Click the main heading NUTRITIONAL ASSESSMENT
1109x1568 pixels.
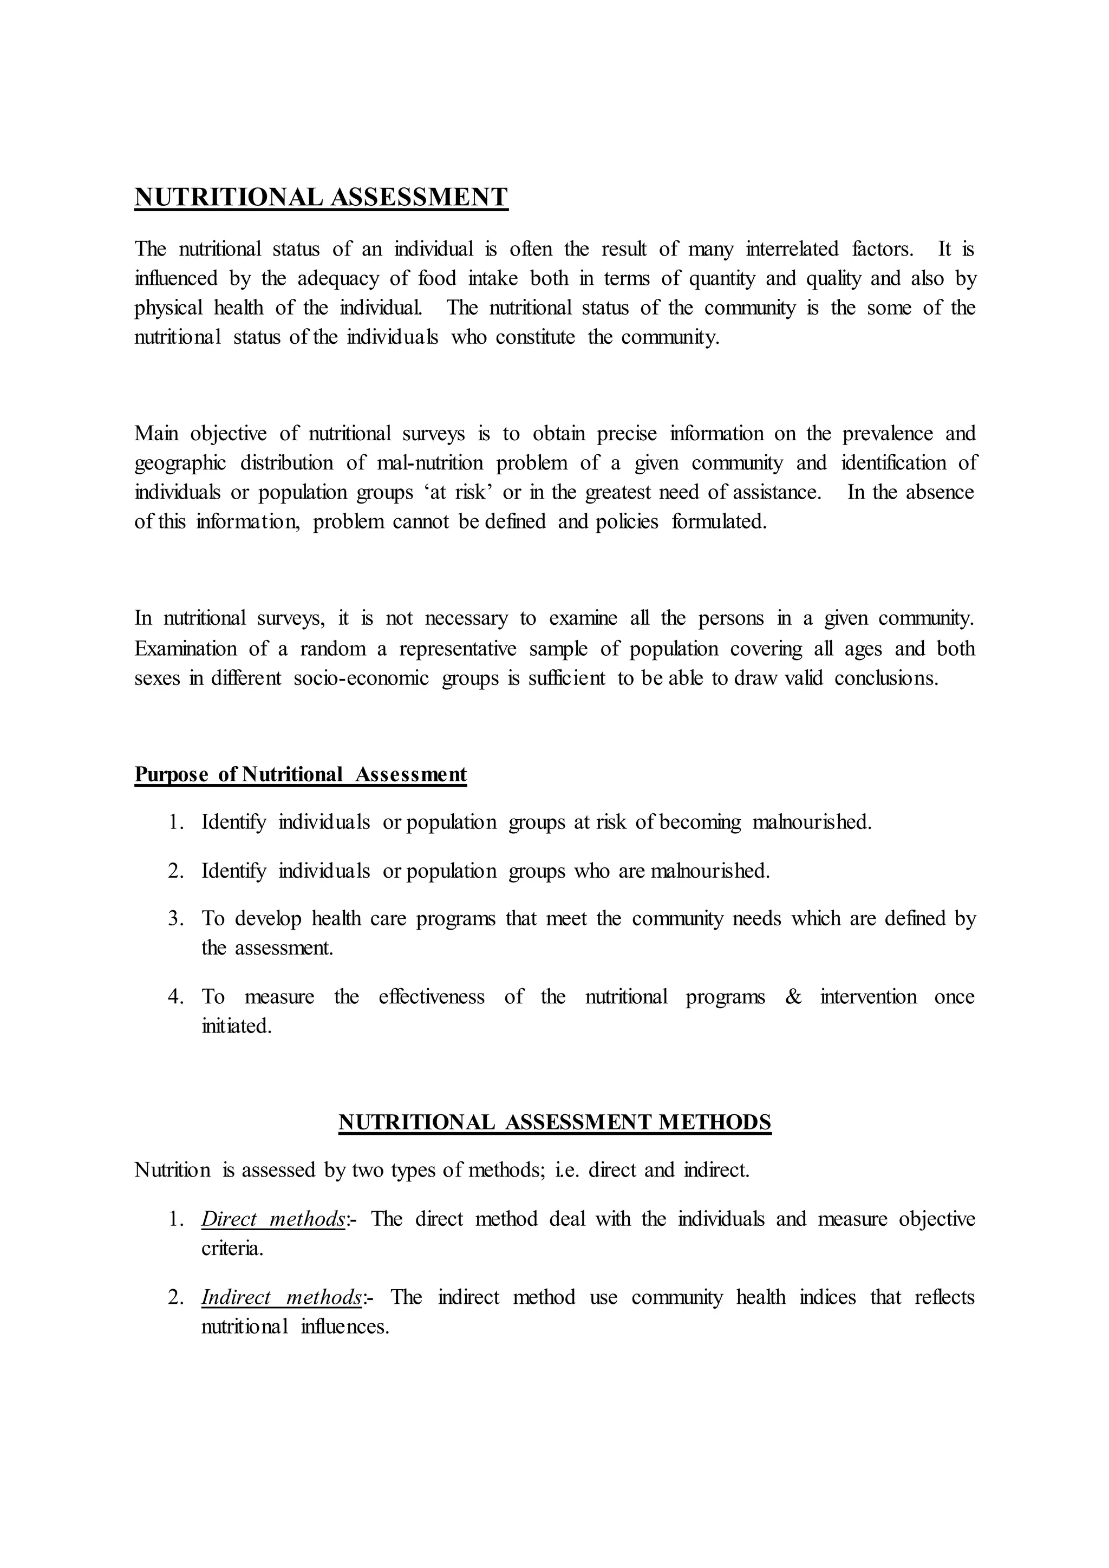point(321,198)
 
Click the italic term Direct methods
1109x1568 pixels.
point(273,1219)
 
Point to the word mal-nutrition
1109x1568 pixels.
point(429,463)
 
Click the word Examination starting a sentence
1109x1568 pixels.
point(185,648)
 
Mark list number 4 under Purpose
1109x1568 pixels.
point(175,997)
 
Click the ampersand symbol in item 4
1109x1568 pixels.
point(793,997)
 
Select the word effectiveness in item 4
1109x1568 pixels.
point(432,997)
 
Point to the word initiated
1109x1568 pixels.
point(236,1027)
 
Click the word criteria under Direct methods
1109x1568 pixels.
point(232,1249)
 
